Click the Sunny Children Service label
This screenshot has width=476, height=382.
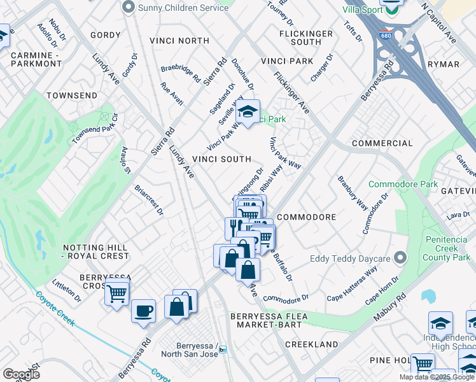click(179, 7)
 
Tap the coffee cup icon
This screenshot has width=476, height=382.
click(143, 311)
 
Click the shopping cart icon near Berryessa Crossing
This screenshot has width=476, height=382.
click(117, 294)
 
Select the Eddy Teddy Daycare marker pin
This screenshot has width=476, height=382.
click(400, 258)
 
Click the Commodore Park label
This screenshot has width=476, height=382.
click(403, 185)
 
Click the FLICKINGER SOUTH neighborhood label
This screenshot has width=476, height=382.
click(305, 38)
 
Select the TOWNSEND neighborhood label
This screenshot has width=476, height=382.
click(72, 95)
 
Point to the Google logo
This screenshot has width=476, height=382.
click(21, 374)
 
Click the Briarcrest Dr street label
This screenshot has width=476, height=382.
click(149, 200)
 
